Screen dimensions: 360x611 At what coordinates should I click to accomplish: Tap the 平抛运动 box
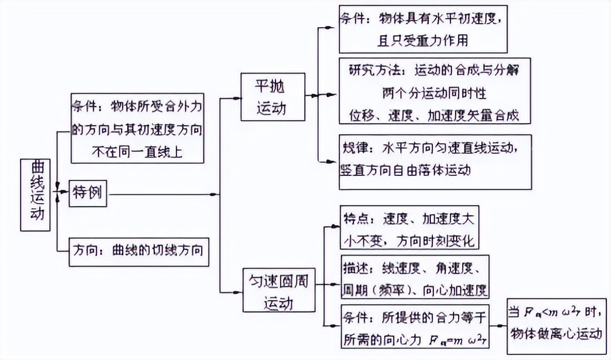[272, 96]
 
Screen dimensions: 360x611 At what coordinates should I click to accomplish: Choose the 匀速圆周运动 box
[278, 290]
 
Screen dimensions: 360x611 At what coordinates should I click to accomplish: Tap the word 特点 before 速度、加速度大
[359, 218]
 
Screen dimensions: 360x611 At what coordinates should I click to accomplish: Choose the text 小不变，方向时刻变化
[409, 241]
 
